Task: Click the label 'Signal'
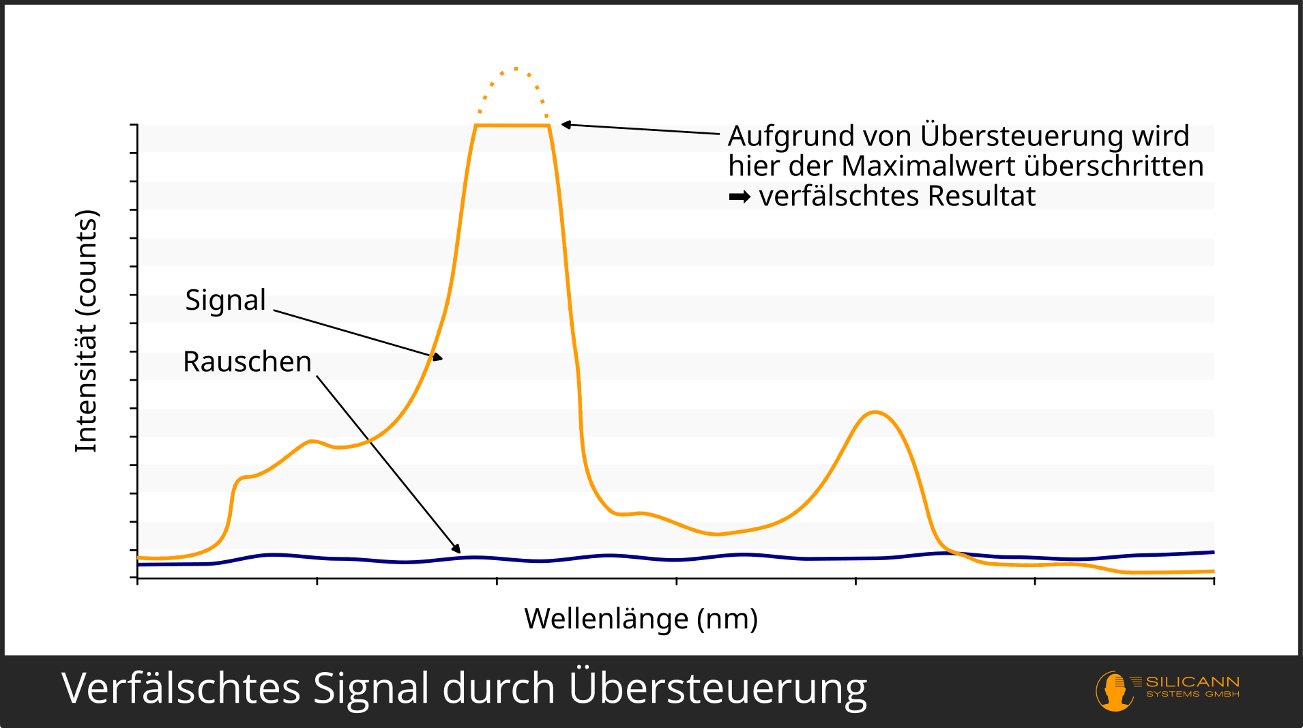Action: [225, 300]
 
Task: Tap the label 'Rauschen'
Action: [247, 362]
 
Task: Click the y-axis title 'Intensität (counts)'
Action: [87, 331]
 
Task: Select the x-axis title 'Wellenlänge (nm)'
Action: [641, 619]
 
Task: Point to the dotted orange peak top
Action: [515, 70]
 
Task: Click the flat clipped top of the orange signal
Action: [512, 126]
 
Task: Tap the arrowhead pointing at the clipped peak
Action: [566, 125]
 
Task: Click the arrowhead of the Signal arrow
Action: [437, 357]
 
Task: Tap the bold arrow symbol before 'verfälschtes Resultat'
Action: [740, 197]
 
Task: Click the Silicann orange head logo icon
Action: [1113, 690]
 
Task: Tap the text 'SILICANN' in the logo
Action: [1192, 682]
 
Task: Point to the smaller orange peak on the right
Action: [875, 413]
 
